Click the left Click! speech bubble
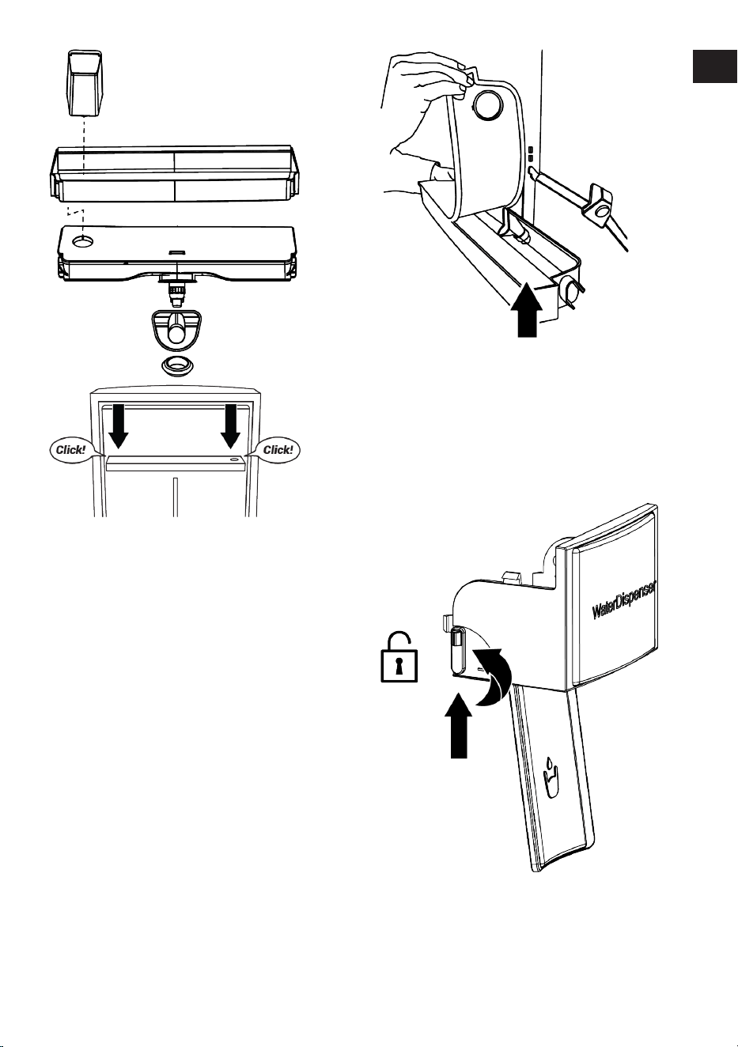[x=71, y=450]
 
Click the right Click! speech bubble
[x=278, y=450]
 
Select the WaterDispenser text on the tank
[x=624, y=600]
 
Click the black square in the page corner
[x=714, y=66]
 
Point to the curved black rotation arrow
[x=493, y=676]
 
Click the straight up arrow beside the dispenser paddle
[x=458, y=725]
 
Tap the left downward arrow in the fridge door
[x=119, y=425]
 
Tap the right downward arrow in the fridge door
[x=230, y=425]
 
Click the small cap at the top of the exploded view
[x=85, y=83]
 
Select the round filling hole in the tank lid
[x=83, y=241]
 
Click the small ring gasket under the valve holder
[x=178, y=365]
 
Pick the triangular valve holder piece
[x=176, y=330]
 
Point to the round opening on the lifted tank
[x=488, y=104]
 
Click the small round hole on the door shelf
[x=234, y=460]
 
